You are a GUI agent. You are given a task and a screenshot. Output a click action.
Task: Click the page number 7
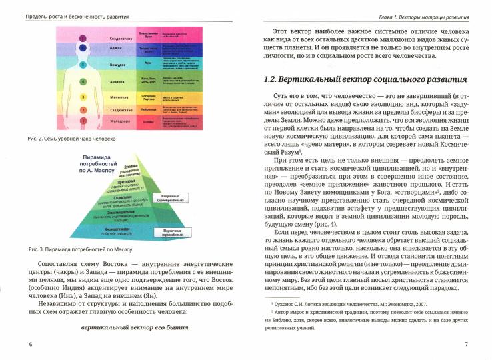click(465, 344)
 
